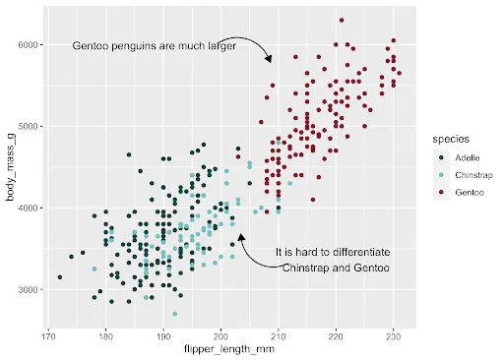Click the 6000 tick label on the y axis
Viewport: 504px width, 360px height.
27,45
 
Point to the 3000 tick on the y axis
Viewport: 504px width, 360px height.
27,290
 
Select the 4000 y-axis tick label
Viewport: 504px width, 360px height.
27,209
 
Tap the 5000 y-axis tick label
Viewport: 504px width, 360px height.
27,127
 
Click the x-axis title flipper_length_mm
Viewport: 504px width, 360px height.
230,350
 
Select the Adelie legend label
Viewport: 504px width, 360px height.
468,157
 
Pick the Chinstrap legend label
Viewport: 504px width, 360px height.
473,175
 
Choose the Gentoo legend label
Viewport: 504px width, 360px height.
470,192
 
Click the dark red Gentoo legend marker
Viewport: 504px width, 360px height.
439,192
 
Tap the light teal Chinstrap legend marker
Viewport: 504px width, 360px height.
439,175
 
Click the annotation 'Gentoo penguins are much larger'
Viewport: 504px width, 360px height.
154,45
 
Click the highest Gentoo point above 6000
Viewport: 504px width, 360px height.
341,20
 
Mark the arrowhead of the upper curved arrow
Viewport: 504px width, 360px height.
269,62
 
